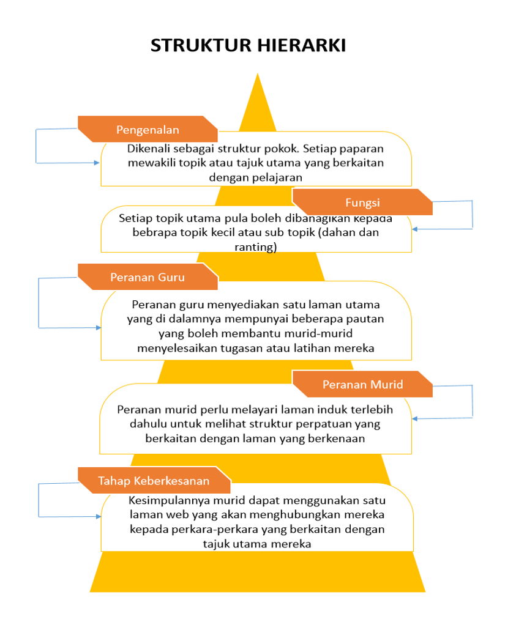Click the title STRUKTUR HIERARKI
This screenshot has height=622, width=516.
(x=248, y=46)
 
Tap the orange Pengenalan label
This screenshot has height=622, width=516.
(x=148, y=130)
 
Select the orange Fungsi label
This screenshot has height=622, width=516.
(x=362, y=202)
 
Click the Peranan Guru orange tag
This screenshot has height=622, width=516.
(x=148, y=277)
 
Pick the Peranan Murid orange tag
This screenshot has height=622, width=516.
(x=362, y=385)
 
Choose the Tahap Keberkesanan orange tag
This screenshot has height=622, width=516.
(x=154, y=481)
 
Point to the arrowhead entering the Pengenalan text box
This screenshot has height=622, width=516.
(x=96, y=163)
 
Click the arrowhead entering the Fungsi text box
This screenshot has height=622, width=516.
(x=416, y=229)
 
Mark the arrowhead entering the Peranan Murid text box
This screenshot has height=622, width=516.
(x=416, y=419)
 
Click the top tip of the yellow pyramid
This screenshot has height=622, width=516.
(x=258, y=75)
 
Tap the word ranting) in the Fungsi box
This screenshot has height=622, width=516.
(x=256, y=247)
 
